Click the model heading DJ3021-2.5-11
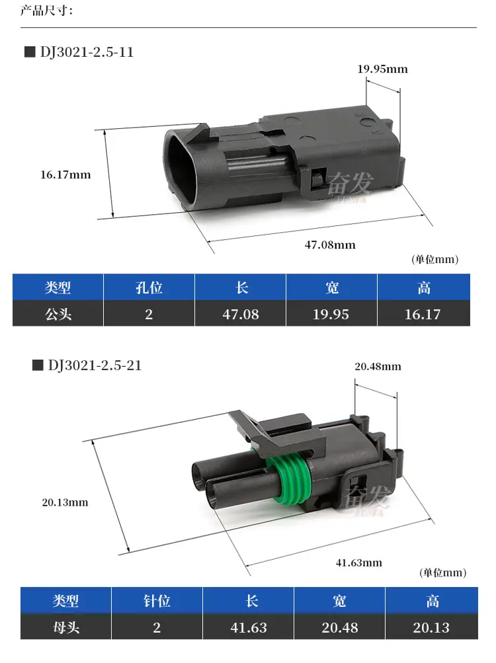click(87, 52)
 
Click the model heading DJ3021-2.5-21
click(95, 366)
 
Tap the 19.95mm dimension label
click(382, 69)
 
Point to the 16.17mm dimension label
click(65, 175)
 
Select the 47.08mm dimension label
click(330, 245)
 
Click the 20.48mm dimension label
click(378, 367)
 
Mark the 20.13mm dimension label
click(65, 502)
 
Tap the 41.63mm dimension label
click(359, 563)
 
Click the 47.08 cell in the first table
click(240, 314)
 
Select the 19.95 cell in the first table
click(331, 314)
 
